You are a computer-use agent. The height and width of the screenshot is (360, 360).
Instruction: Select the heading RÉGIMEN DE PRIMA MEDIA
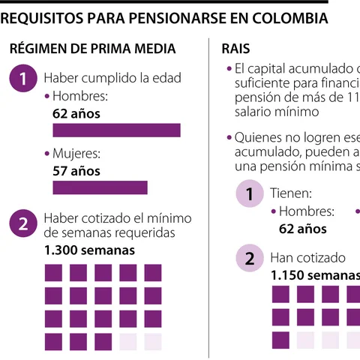coord(92,49)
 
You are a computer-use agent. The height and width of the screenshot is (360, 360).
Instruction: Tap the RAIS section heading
coord(236,49)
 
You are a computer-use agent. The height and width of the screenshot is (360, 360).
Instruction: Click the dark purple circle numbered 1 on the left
coord(23,78)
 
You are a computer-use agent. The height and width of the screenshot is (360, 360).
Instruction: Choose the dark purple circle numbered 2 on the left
coord(23,223)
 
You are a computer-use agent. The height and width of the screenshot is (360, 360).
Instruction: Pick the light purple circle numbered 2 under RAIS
coord(249,259)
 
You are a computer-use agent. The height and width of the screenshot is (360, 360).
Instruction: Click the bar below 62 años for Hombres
coord(116,130)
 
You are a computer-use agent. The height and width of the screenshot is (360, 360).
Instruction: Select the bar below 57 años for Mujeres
coord(100,187)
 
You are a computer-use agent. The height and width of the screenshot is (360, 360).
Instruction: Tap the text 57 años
coord(76,170)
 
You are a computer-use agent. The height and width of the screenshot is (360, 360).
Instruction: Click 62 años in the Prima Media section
coord(76,113)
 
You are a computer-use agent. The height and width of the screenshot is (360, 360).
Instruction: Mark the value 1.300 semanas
coord(89,250)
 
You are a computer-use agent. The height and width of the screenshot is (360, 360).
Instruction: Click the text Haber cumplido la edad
coord(112,77)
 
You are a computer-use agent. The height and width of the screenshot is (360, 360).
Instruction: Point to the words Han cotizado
coord(307,257)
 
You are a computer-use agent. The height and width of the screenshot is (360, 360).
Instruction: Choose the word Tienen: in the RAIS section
coord(291,193)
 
